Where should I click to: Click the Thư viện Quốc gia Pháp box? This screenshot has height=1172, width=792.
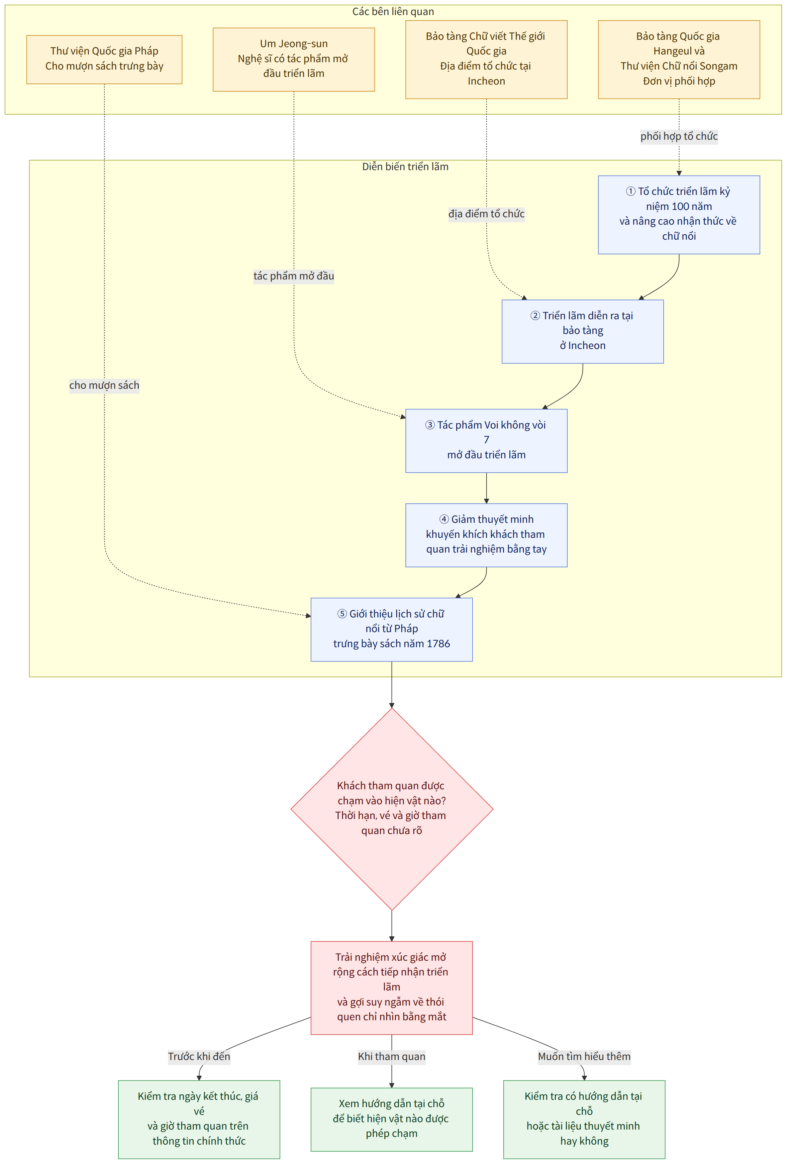(x=104, y=60)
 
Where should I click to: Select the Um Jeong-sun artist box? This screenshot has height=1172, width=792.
(x=294, y=60)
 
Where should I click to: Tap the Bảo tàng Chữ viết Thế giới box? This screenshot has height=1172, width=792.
(x=486, y=60)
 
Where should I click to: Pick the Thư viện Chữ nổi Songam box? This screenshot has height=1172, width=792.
(x=679, y=60)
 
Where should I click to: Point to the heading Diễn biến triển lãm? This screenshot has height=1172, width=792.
(x=405, y=167)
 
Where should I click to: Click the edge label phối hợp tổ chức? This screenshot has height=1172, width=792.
(x=679, y=136)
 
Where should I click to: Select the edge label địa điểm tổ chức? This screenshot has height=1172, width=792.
(x=486, y=214)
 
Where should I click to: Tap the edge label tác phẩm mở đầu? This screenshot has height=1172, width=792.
(x=294, y=276)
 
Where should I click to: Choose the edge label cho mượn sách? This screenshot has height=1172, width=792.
(x=104, y=385)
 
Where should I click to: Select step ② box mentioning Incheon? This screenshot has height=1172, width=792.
(x=583, y=331)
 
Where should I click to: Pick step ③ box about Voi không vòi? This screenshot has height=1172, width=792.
(x=486, y=441)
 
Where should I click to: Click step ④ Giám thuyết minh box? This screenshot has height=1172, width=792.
(x=486, y=535)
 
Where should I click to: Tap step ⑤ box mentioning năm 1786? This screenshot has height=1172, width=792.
(x=391, y=629)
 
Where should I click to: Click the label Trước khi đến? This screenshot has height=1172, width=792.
(x=199, y=1057)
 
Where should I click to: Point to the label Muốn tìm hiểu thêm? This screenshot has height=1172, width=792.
(x=584, y=1057)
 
